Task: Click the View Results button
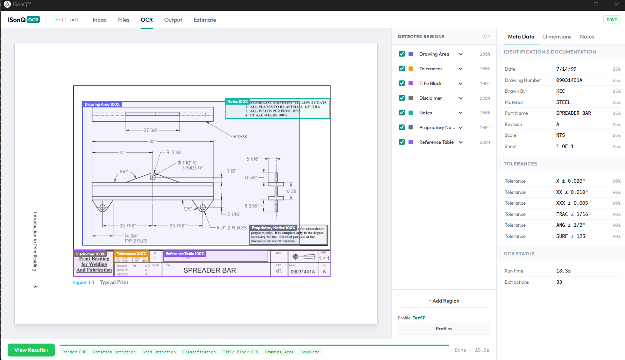point(31,350)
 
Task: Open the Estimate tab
point(205,20)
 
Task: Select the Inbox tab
point(99,20)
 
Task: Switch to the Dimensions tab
point(557,37)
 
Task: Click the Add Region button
point(444,301)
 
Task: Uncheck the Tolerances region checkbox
point(402,69)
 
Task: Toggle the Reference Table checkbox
point(402,142)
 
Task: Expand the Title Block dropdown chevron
point(461,84)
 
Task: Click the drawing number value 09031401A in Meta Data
point(569,80)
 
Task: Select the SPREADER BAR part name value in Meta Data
point(573,113)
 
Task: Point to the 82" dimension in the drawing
point(152,142)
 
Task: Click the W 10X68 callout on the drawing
point(240,137)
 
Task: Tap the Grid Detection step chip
point(159,352)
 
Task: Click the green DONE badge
point(611,20)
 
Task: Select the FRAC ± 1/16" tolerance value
point(573,214)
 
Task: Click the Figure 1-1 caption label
point(84,282)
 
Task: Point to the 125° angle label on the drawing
point(188,209)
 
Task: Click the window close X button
point(616,5)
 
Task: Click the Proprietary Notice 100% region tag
point(273,228)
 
